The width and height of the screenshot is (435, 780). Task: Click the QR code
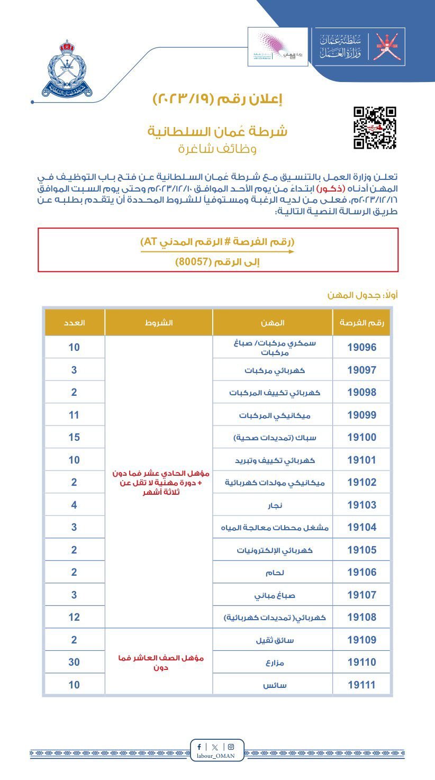(x=375, y=128)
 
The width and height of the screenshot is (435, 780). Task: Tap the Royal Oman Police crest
(x=67, y=68)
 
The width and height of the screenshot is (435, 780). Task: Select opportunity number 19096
(x=361, y=348)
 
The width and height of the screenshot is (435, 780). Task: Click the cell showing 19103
(x=361, y=505)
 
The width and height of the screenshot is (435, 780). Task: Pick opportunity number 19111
(x=361, y=685)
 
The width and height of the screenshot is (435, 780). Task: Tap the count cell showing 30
(x=74, y=662)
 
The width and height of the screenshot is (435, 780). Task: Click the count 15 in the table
(x=74, y=438)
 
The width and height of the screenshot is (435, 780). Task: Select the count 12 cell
(x=74, y=617)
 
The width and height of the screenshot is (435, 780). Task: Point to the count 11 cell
(x=74, y=415)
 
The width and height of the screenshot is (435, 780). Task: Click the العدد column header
(x=75, y=322)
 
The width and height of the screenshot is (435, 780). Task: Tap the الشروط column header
(x=159, y=322)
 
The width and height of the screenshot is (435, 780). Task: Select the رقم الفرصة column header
(x=361, y=322)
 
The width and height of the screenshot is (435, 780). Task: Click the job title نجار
(x=274, y=505)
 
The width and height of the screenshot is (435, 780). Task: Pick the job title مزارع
(x=274, y=663)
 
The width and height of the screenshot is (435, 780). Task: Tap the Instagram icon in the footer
(x=231, y=747)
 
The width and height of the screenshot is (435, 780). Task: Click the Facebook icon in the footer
(x=199, y=747)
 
